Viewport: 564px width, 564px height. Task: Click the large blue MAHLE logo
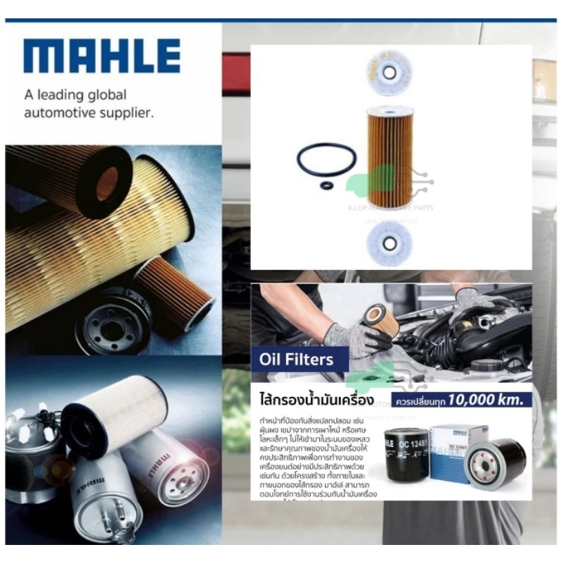click(x=102, y=56)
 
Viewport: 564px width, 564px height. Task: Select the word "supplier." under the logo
click(x=127, y=112)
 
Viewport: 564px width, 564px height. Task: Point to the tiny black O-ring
click(x=326, y=185)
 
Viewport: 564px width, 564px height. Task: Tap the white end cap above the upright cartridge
click(x=388, y=70)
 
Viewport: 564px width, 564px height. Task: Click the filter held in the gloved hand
click(x=374, y=314)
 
